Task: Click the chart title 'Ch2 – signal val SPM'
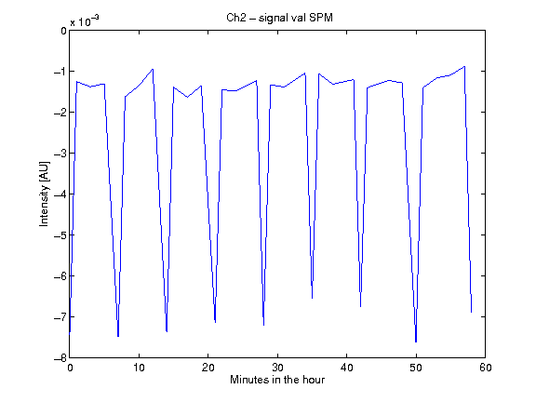[x=279, y=18]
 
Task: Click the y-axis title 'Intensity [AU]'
[x=44, y=194]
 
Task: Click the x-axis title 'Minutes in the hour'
[x=277, y=380]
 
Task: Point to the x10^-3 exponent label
[x=85, y=21]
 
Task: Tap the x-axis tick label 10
[x=139, y=368]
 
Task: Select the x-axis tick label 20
[x=208, y=368]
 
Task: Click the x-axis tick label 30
[x=277, y=368]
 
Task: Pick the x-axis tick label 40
[x=346, y=368]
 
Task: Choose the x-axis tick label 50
[x=416, y=368]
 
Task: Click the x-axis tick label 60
[x=486, y=368]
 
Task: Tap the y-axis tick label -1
[x=60, y=72]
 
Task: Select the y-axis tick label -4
[x=60, y=194]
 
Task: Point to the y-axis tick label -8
[x=60, y=358]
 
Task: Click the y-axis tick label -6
[x=60, y=275]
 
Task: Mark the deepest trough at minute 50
[x=416, y=342]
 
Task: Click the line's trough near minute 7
[x=118, y=337]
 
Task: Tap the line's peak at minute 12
[x=153, y=69]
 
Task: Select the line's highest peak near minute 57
[x=464, y=66]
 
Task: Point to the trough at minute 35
[x=312, y=298]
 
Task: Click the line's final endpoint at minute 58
[x=472, y=312]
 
